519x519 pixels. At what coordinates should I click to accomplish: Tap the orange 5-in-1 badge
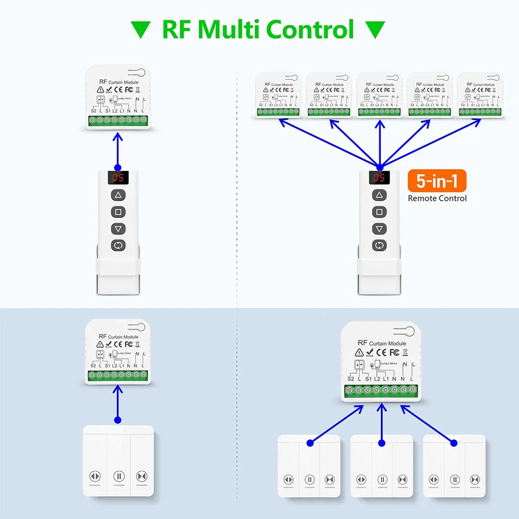(437, 181)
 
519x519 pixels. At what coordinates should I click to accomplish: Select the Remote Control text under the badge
(437, 198)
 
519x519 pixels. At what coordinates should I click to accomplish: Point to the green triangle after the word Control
(376, 30)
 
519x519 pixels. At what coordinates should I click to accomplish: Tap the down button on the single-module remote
(118, 228)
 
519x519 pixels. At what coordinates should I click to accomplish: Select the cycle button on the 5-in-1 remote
(380, 245)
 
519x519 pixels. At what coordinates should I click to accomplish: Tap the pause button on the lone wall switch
(118, 476)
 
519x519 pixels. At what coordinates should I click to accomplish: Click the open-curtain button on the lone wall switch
(94, 476)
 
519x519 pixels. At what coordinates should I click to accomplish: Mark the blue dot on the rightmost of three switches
(454, 443)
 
